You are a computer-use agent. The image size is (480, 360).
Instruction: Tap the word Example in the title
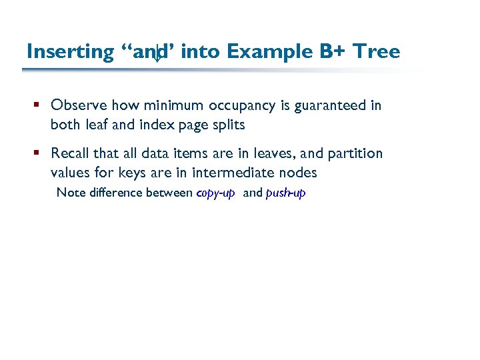pos(268,52)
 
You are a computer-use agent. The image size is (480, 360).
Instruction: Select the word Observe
pos(79,105)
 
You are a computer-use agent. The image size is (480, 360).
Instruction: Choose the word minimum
pos(173,105)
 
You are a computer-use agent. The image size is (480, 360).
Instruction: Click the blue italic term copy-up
pos(215,193)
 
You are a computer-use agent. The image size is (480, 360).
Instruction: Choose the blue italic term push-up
pos(285,193)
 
